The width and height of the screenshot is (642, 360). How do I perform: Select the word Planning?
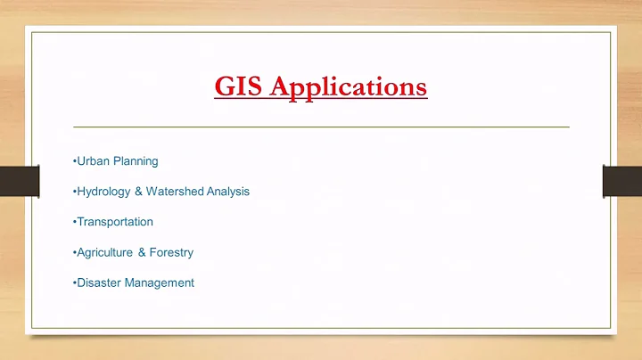coord(136,161)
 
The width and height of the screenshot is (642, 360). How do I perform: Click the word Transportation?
coord(115,222)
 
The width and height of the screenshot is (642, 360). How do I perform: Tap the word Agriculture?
coord(104,252)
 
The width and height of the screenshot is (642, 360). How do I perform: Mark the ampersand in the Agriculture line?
coord(142,252)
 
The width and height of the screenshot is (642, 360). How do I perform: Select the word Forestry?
coord(172,252)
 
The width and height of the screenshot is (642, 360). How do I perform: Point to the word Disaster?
coord(99,282)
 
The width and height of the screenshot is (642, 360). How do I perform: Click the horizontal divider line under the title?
coord(321,127)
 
